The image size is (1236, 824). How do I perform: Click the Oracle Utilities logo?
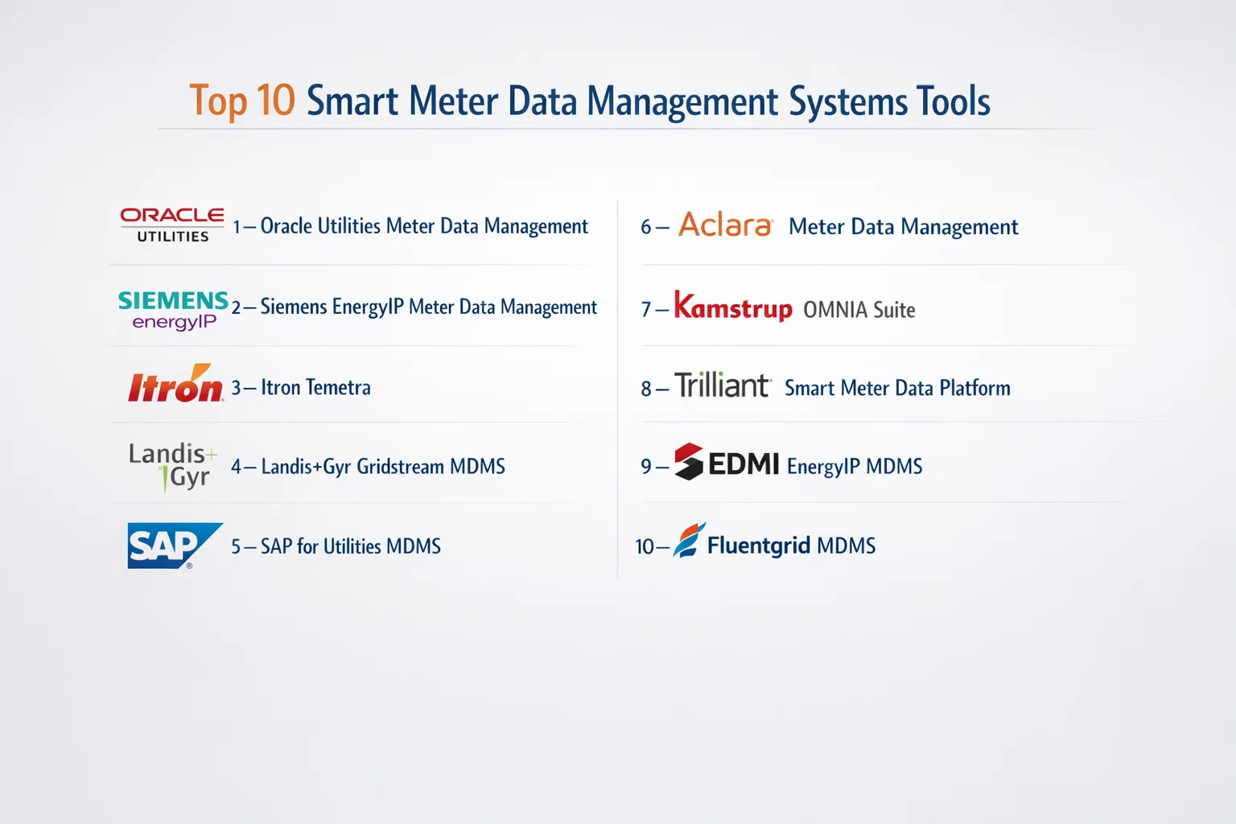172,225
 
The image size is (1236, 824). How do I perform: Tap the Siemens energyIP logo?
173,311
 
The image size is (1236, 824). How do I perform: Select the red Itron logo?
175,382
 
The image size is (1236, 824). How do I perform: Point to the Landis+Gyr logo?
173,467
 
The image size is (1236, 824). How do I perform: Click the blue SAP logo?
175,546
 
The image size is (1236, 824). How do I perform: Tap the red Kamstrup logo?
733,307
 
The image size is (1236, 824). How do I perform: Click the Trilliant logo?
723,385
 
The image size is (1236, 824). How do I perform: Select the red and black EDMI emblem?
689,461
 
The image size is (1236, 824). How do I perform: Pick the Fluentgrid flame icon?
690,540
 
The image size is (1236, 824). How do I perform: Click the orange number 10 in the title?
276,101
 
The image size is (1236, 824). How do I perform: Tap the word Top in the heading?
219,101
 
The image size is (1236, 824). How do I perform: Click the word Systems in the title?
847,101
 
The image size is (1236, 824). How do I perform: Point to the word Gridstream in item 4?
400,467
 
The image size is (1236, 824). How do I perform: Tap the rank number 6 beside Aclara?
645,227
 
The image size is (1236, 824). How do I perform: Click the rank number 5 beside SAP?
236,546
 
